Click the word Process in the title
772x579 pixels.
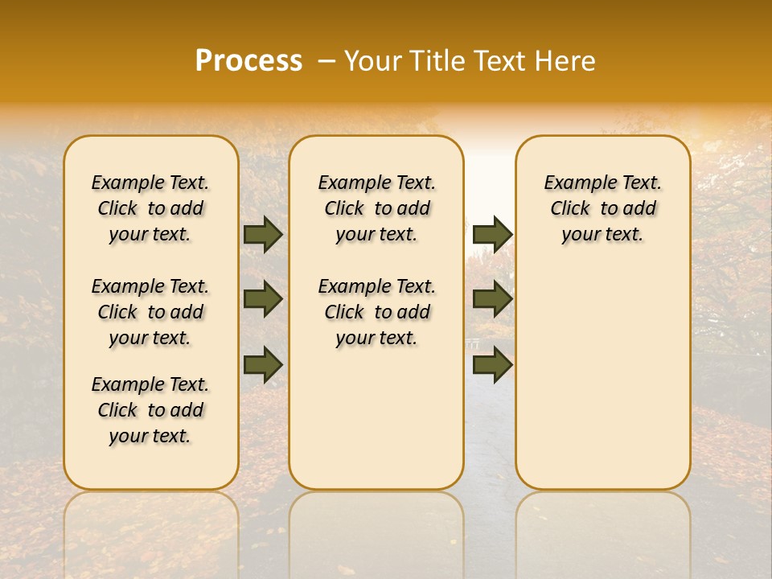point(248,61)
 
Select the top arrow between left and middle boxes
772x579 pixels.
point(263,235)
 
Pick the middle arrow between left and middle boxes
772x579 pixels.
point(263,299)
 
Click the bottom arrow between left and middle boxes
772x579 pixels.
point(263,363)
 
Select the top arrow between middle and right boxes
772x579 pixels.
point(492,235)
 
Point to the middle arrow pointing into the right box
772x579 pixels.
point(492,299)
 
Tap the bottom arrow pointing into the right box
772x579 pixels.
point(492,363)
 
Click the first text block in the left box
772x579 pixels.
point(150,208)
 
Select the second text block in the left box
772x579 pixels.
point(150,312)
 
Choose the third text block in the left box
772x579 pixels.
point(150,410)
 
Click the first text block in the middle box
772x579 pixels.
point(377,208)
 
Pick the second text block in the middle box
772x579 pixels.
point(377,312)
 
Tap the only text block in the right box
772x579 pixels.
point(603,208)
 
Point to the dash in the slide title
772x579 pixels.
point(326,61)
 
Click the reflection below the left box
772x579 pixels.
point(151,531)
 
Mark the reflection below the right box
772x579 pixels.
point(603,531)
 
